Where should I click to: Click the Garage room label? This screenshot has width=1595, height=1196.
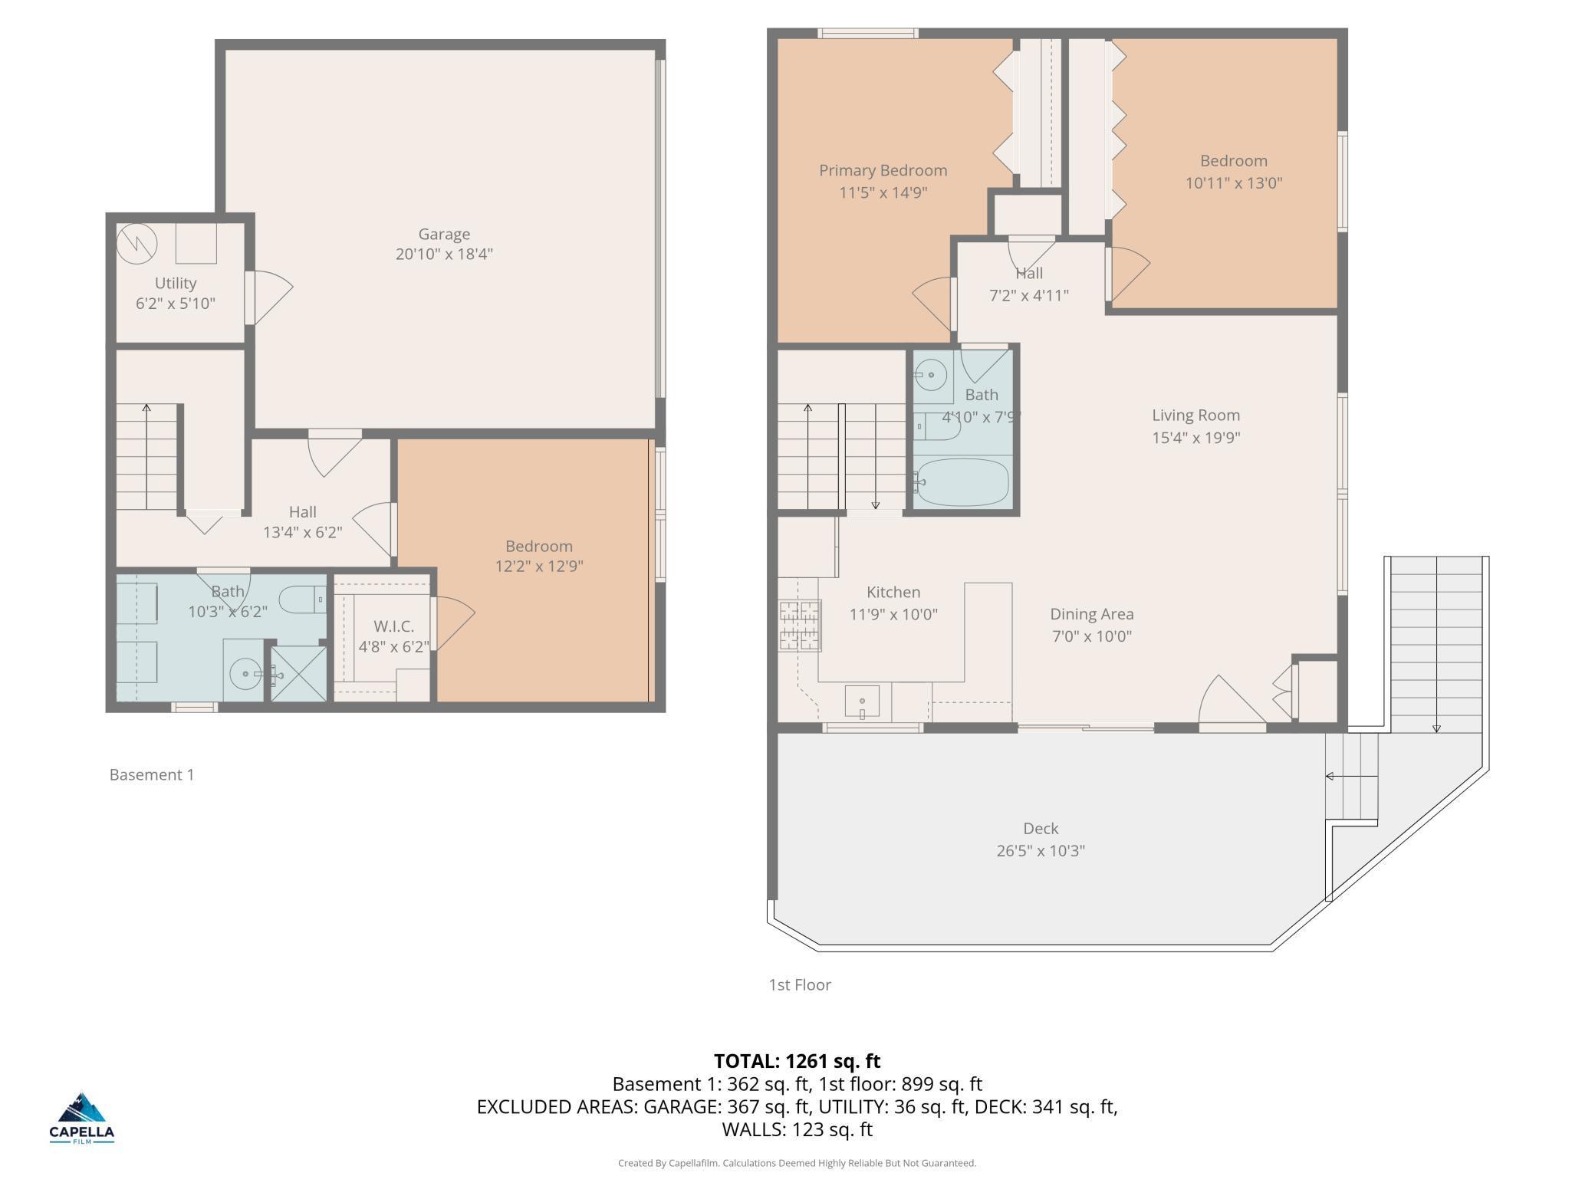(444, 234)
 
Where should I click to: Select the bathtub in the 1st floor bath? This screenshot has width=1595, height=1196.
(962, 481)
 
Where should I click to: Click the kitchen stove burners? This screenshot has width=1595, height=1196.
(800, 626)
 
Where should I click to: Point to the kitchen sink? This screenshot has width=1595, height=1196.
(863, 701)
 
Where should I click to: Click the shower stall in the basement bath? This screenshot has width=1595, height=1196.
(298, 673)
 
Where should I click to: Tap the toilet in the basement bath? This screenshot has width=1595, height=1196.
(302, 599)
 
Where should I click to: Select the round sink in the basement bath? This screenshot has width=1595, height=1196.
(245, 674)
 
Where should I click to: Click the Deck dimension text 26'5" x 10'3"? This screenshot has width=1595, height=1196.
(1041, 850)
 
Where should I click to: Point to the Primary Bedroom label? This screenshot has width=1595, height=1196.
(883, 170)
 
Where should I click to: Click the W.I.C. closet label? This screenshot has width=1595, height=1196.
(394, 626)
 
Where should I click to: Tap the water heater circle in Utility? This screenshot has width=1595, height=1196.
(136, 244)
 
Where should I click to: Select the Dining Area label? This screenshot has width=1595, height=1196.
(1091, 613)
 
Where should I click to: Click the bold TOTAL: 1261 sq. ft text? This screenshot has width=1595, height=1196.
(797, 1061)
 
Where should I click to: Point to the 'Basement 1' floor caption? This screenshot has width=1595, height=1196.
(152, 774)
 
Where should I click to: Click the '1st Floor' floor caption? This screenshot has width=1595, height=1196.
(800, 984)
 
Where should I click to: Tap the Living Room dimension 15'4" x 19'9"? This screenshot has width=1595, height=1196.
(1196, 437)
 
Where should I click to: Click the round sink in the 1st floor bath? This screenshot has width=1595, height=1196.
(932, 375)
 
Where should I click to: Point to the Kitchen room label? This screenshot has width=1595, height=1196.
(893, 592)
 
